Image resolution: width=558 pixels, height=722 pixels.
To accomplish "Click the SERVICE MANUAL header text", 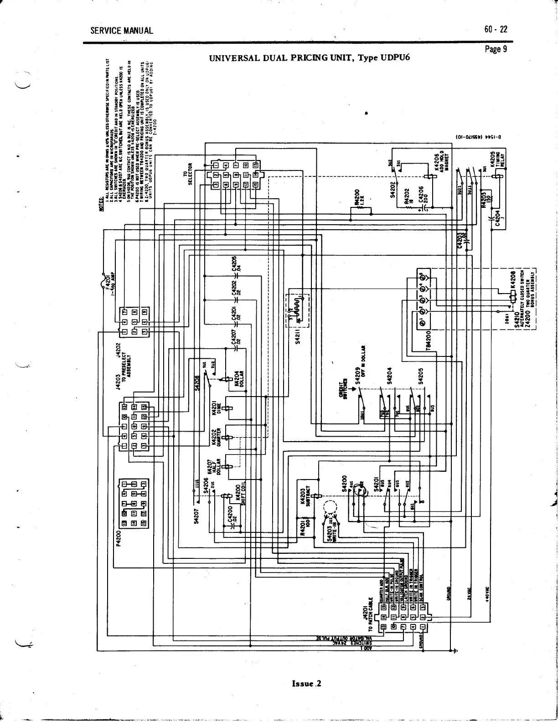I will (x=121, y=31).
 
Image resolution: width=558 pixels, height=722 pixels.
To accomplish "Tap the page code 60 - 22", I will (x=496, y=30).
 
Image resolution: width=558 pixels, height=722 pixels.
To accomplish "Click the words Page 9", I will (x=496, y=49).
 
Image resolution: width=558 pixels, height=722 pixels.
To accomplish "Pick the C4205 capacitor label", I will (x=235, y=266).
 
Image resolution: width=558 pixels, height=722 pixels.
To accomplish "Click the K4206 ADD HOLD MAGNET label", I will (x=441, y=161).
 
